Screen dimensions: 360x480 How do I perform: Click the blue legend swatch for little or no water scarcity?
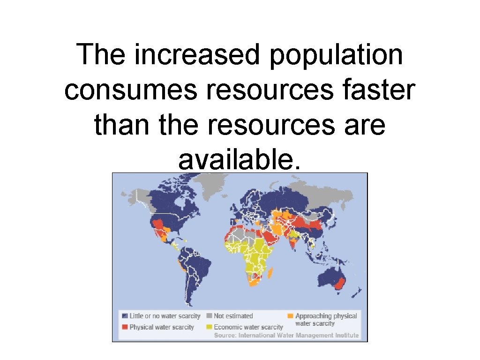coord(125,316)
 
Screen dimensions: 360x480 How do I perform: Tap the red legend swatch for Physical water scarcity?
coord(125,327)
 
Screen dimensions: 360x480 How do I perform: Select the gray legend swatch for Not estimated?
coord(209,316)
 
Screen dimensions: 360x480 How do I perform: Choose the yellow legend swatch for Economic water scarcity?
coord(209,327)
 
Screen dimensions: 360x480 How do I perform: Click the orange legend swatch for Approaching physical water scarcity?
coord(291,316)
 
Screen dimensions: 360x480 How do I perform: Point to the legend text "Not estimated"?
coord(233,316)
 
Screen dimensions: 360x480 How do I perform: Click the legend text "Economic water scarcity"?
coord(248,327)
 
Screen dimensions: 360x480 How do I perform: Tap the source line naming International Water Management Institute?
coord(286,335)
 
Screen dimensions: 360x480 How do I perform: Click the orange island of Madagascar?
coord(271,272)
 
